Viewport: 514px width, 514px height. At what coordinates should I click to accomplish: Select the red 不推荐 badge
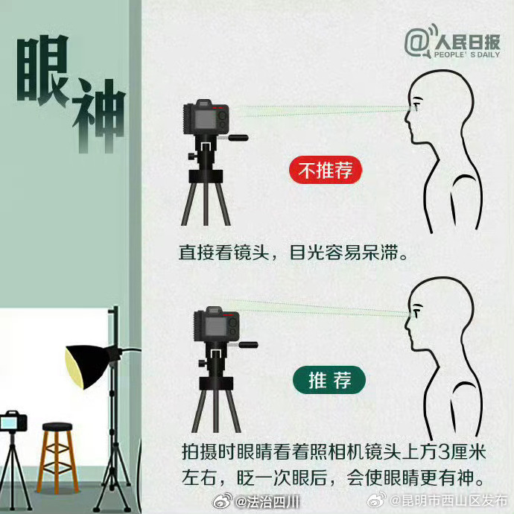[x=325, y=171]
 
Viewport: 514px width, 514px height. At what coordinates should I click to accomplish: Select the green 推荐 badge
[x=327, y=381]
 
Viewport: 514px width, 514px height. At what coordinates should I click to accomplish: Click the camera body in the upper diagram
[x=208, y=119]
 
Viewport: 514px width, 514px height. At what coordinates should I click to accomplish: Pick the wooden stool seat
[x=57, y=428]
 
